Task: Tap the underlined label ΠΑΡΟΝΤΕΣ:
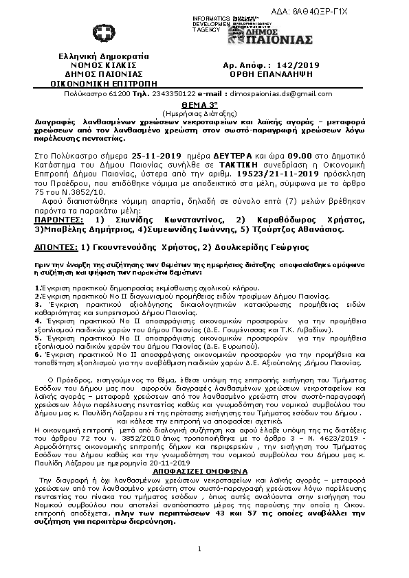click(59, 218)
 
